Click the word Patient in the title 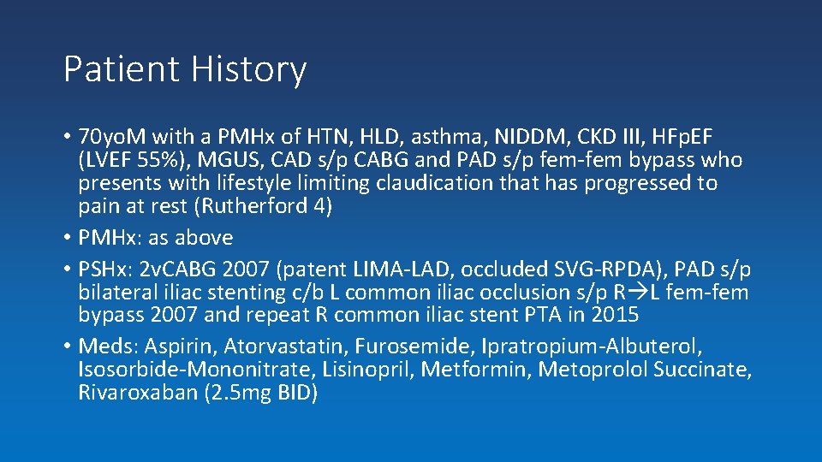pyautogui.click(x=115, y=70)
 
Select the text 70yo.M pyautogui.click(x=111, y=137)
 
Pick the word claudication pyautogui.click(x=403, y=183)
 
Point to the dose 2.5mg pyautogui.click(x=229, y=393)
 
